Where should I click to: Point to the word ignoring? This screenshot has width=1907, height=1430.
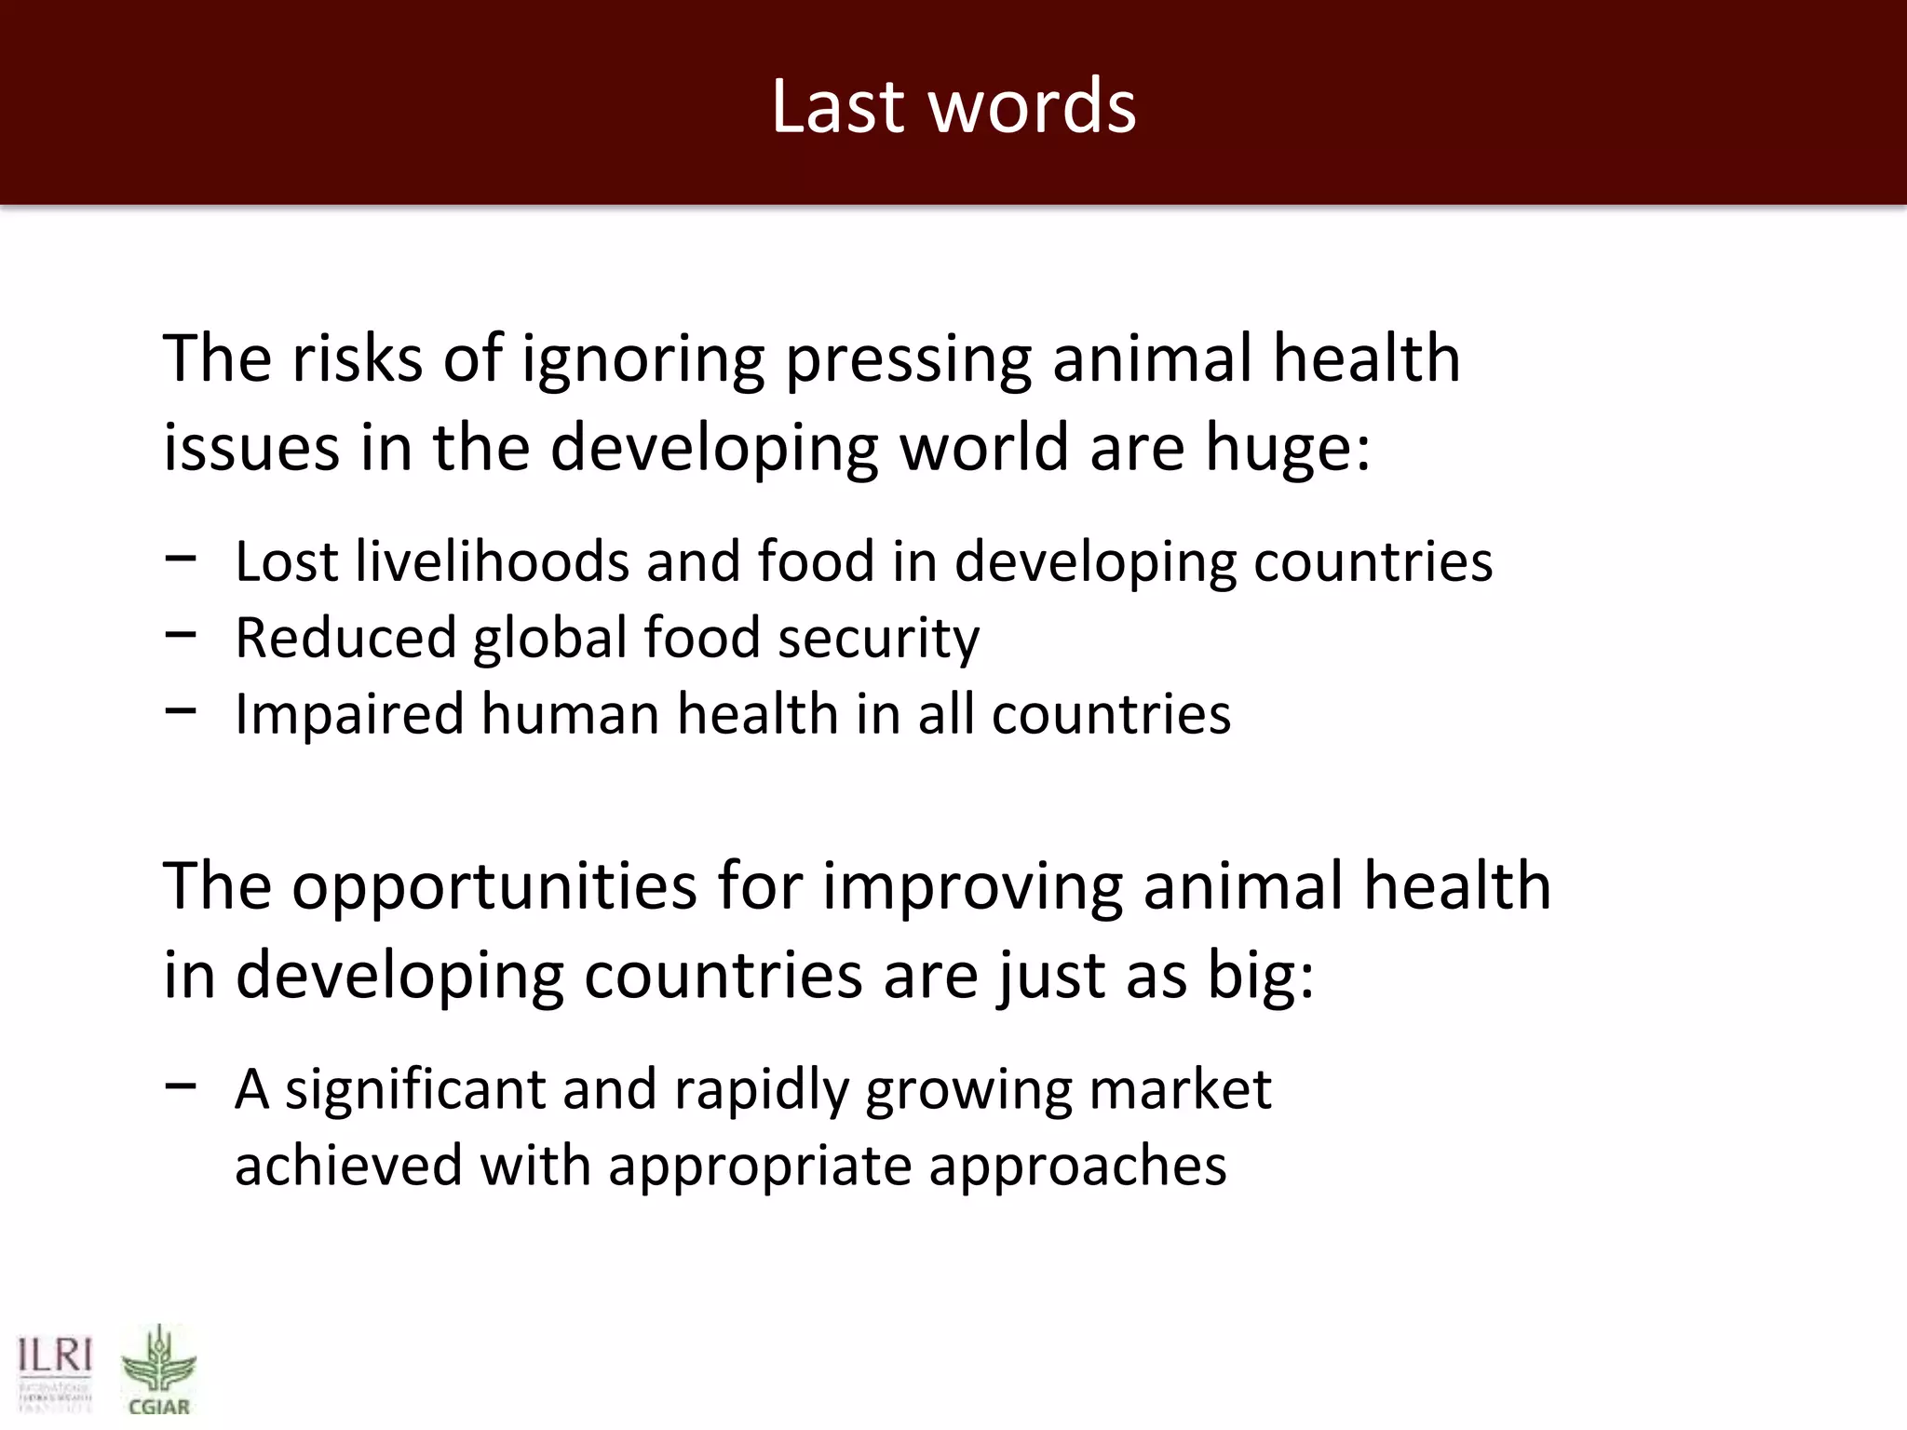pos(642,360)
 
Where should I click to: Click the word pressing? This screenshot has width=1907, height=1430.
pos(909,360)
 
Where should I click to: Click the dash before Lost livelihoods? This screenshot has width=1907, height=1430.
pos(180,559)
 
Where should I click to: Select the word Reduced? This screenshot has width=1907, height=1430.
pos(345,639)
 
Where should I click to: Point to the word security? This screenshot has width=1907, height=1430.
pos(878,641)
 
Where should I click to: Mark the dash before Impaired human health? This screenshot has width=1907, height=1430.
pos(180,711)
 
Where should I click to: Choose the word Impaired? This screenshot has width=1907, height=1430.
pos(349,715)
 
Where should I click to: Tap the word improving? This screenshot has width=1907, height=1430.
pos(972,887)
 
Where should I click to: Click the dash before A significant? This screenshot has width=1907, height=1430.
pos(180,1086)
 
